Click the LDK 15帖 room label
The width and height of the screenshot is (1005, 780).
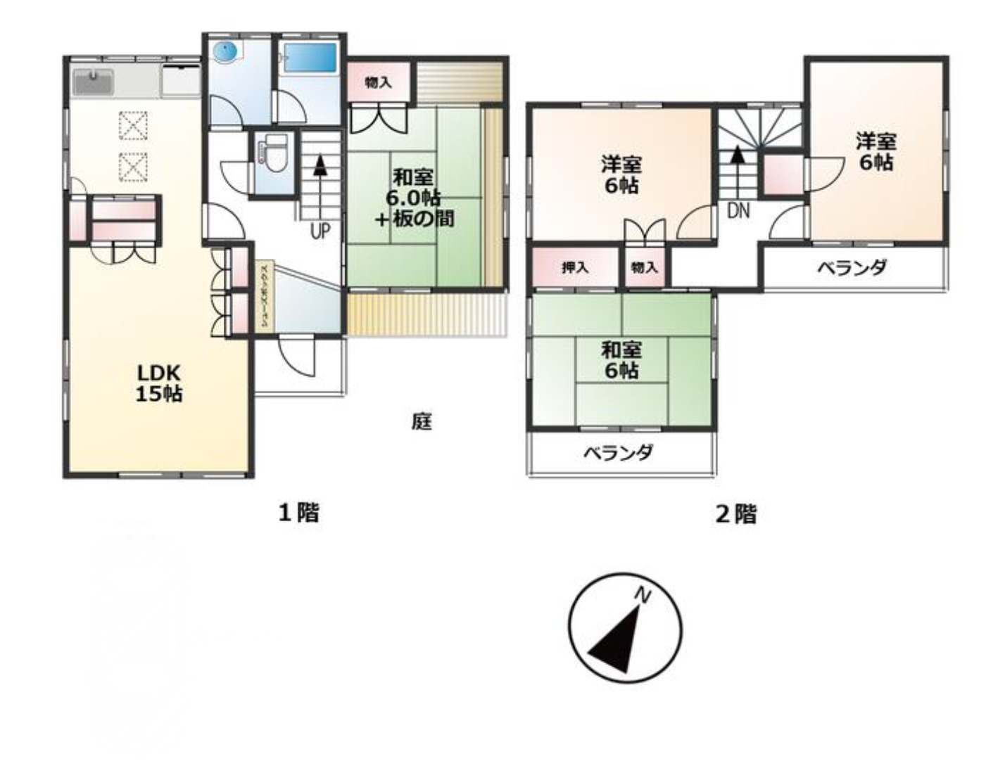pyautogui.click(x=158, y=383)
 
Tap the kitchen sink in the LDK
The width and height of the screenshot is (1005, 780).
pyautogui.click(x=93, y=82)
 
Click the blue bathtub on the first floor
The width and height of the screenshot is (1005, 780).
pyautogui.click(x=308, y=58)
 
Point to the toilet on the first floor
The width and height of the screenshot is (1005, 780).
pyautogui.click(x=275, y=153)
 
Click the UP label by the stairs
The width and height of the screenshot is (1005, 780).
pyautogui.click(x=320, y=231)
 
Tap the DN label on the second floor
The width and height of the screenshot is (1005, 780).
pyautogui.click(x=738, y=210)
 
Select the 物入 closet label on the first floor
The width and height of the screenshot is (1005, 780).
pyautogui.click(x=378, y=83)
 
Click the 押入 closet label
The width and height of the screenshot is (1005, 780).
pyautogui.click(x=574, y=268)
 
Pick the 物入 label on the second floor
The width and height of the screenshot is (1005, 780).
pyautogui.click(x=644, y=268)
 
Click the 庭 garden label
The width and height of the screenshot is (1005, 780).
pyautogui.click(x=421, y=421)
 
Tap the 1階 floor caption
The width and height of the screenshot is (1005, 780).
pyautogui.click(x=299, y=513)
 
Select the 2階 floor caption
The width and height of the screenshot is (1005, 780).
pyautogui.click(x=735, y=514)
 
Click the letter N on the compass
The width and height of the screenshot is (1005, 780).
pyautogui.click(x=642, y=596)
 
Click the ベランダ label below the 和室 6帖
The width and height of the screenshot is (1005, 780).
pyautogui.click(x=618, y=452)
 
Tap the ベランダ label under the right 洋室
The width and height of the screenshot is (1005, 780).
pyautogui.click(x=852, y=267)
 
